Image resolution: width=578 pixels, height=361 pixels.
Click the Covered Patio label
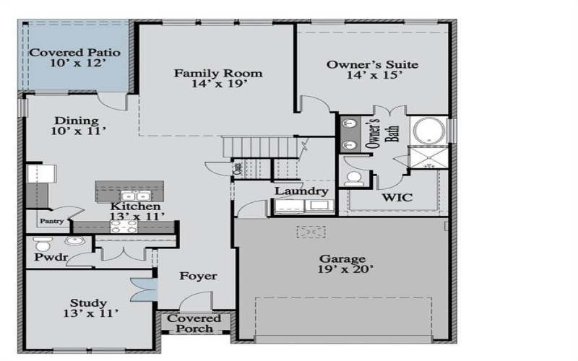[x=74, y=53]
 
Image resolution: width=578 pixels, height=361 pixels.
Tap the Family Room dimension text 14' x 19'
[x=217, y=84]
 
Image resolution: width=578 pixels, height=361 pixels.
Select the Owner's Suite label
[x=372, y=64]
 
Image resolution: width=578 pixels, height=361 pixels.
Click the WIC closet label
[x=397, y=196]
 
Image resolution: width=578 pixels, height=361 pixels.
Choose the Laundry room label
[x=301, y=191]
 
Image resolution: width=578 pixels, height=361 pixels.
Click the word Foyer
[x=198, y=276]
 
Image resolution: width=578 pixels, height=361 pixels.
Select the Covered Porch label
[x=195, y=323]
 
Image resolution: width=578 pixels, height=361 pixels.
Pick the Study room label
[x=89, y=303]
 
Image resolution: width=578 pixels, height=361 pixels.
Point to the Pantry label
[x=51, y=222]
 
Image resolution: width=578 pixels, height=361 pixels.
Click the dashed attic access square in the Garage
[x=311, y=232]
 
